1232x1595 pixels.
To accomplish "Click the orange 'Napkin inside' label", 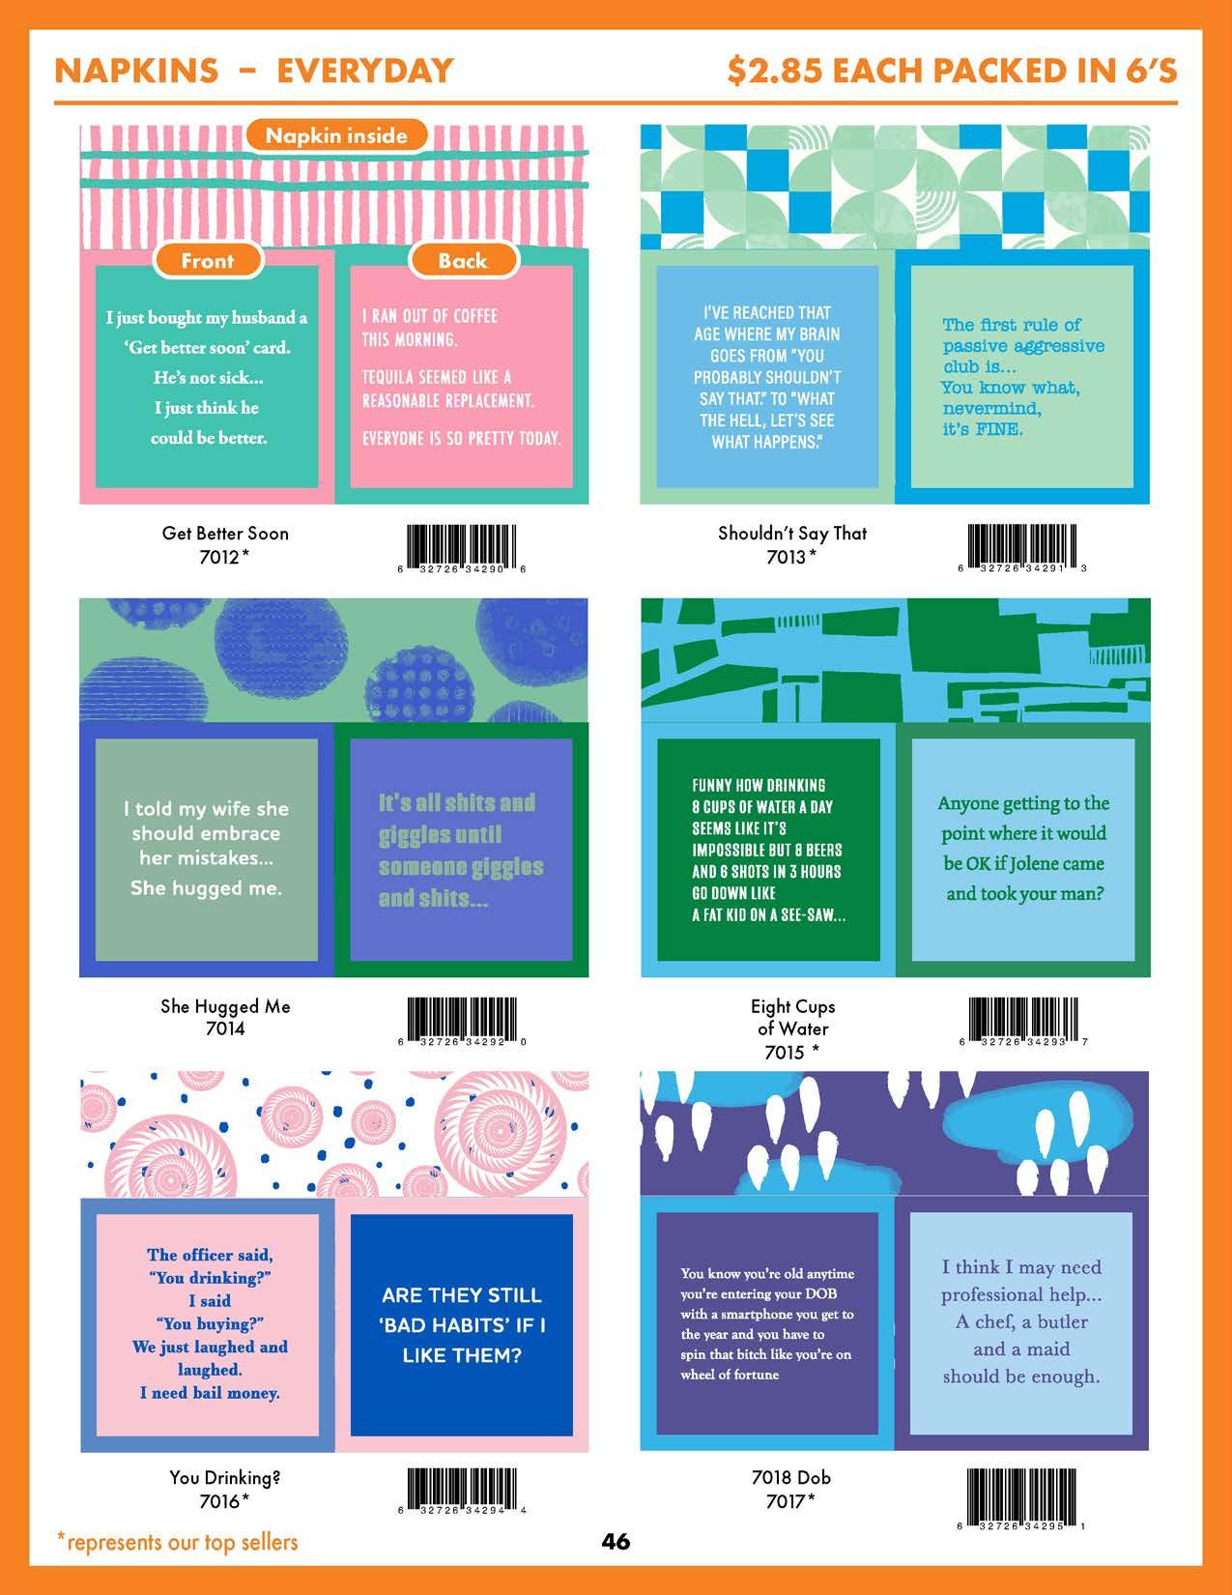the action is [336, 135].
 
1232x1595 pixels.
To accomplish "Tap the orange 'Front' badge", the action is [208, 260].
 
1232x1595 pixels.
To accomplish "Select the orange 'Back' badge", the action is [463, 260].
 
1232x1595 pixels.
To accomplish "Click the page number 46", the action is [616, 1541].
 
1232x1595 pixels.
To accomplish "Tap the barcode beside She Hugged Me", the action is [461, 1020].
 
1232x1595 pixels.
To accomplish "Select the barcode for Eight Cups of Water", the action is [1022, 1020].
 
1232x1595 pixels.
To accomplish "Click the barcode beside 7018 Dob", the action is [1022, 1494].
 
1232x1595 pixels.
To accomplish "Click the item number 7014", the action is [225, 1029].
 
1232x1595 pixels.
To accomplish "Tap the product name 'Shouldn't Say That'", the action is [792, 533].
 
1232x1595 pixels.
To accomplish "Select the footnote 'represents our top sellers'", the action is [182, 1542].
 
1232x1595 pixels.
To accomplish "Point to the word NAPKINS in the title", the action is [136, 71].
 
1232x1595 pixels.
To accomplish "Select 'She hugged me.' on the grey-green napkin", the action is [207, 887].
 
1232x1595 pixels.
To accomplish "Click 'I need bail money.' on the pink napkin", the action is [210, 1393].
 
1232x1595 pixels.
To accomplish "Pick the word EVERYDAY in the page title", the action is [365, 71].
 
